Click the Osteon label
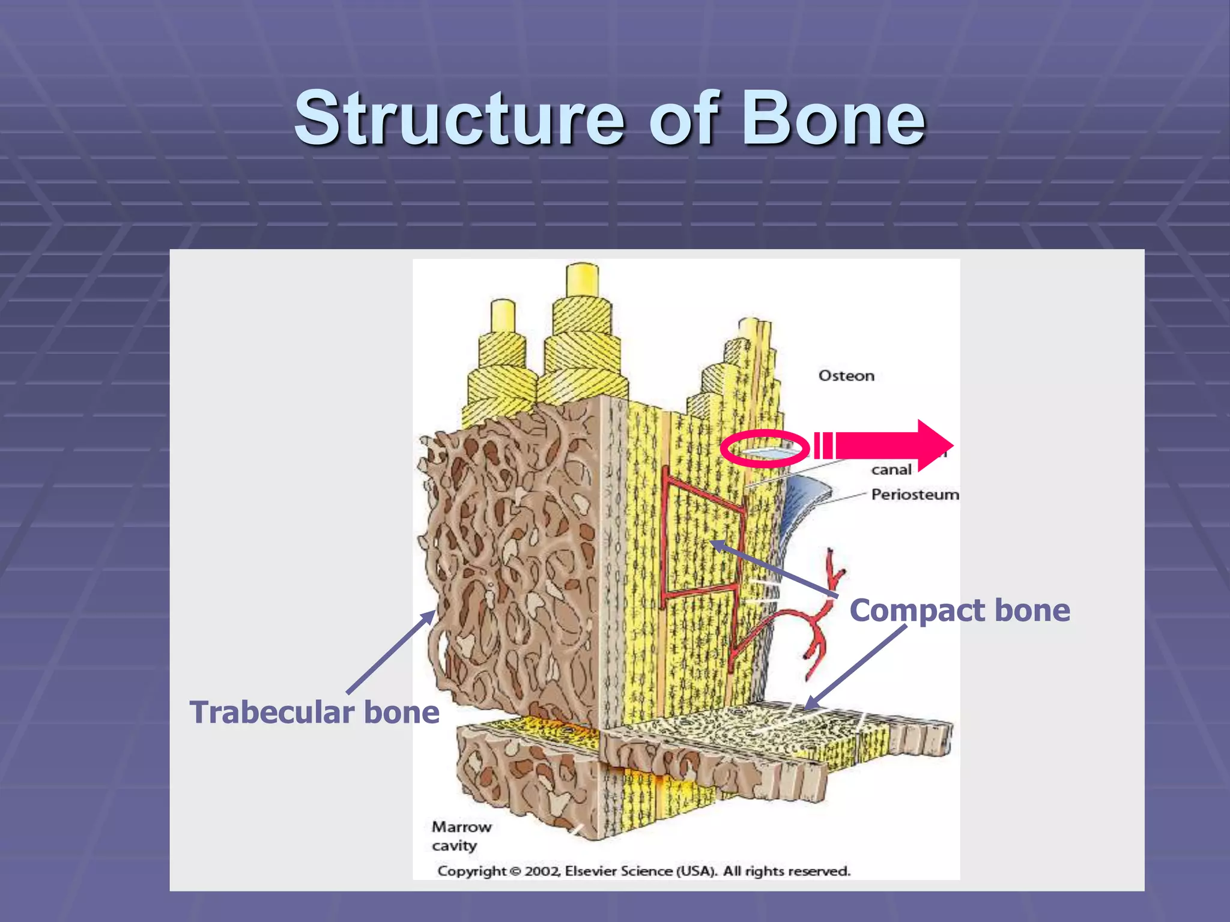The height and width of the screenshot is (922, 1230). click(846, 376)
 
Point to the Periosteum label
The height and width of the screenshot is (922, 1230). click(915, 495)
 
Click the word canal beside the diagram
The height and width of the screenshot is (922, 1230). click(891, 470)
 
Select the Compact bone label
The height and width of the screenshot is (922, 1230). click(960, 610)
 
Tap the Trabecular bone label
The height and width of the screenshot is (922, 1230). click(315, 713)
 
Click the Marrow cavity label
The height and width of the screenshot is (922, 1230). click(461, 836)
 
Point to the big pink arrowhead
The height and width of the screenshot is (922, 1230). click(934, 446)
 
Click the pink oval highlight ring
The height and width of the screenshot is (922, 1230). click(765, 448)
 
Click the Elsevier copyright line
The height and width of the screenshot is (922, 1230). click(644, 871)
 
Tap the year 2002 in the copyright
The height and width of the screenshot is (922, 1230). click(542, 871)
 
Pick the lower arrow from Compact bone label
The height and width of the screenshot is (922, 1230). click(856, 667)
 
